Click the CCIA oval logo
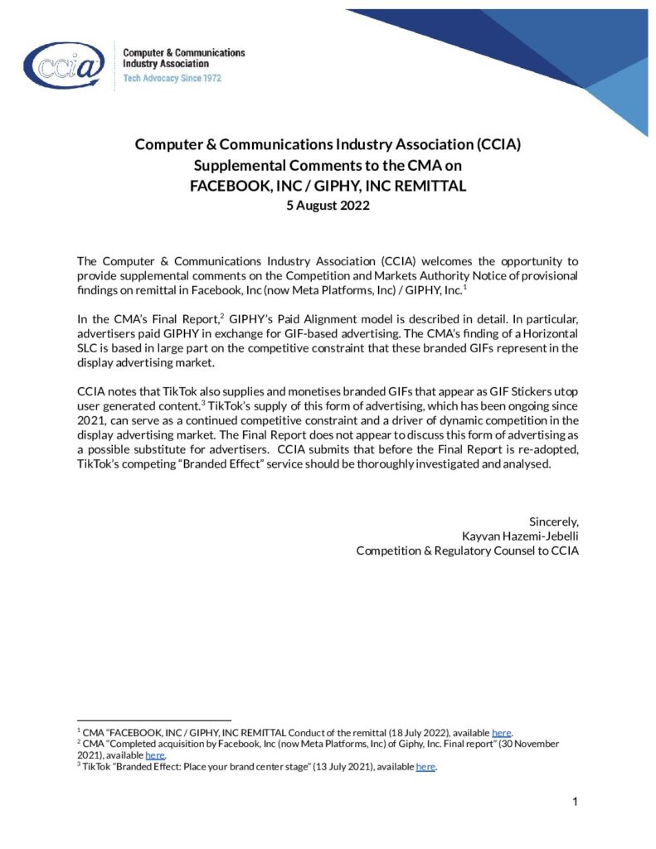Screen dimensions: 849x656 click(x=65, y=65)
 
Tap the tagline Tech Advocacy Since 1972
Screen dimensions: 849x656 click(x=172, y=78)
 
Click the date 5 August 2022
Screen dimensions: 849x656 click(x=328, y=206)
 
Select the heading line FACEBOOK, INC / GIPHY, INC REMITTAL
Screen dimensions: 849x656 click(x=328, y=186)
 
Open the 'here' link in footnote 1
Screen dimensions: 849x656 click(x=502, y=733)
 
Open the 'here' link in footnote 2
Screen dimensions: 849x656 click(x=155, y=755)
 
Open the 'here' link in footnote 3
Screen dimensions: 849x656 click(x=425, y=767)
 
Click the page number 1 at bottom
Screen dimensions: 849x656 click(x=575, y=802)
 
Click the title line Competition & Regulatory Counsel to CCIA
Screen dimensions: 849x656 click(x=467, y=551)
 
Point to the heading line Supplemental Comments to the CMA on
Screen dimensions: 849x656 click(x=328, y=165)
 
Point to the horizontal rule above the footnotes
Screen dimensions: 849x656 click(x=153, y=720)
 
